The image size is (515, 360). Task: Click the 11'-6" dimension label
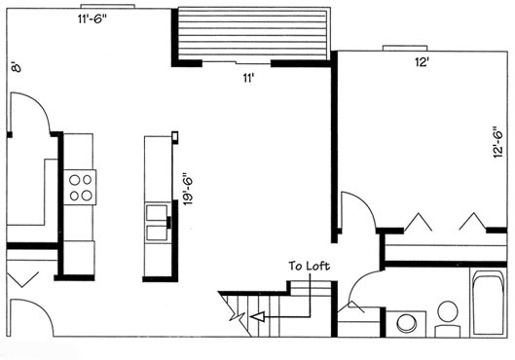coord(92,19)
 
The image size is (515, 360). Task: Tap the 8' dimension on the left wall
coord(17,67)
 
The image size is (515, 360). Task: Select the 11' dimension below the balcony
coord(248,79)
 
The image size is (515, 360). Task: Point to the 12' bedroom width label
coord(422,62)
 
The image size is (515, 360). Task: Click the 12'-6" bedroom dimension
coord(497,142)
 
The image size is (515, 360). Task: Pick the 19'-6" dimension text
coord(188,191)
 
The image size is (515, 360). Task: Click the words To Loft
coord(309,266)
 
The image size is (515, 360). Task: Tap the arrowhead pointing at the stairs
coord(257,316)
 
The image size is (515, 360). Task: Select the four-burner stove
coord(80,188)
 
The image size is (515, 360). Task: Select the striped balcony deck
coord(252,34)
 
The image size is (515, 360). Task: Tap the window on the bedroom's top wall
coord(405,49)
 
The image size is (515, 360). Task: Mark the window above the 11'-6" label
coord(108,6)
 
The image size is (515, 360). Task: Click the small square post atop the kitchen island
coord(175,136)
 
